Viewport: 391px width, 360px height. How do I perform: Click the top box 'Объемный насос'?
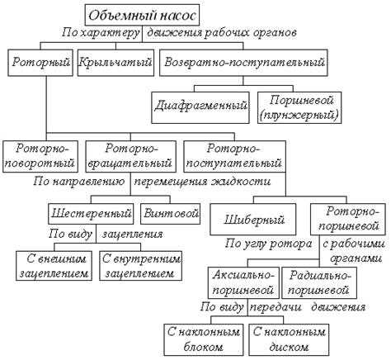142,15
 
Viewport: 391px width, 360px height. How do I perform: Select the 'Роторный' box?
40,63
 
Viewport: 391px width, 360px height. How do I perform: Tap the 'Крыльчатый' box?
115,63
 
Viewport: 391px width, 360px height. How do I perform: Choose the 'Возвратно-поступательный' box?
243,63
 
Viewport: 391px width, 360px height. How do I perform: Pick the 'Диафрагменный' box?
200,107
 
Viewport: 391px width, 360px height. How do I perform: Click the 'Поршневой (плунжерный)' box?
299,107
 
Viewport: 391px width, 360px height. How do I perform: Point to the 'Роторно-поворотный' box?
40,157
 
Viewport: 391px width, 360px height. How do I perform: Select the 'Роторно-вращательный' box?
131,157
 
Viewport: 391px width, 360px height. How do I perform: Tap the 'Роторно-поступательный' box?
234,157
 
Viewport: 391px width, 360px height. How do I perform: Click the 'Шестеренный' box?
91,214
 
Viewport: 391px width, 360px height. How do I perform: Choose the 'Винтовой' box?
171,214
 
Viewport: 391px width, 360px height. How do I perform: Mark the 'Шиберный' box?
253,220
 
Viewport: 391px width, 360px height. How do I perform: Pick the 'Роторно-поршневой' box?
348,220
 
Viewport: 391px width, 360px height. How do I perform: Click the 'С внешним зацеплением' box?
54,266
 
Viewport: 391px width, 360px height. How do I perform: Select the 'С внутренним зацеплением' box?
141,266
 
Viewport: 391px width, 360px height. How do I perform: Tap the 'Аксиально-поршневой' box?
243,283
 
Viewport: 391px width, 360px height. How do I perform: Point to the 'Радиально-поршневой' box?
319,283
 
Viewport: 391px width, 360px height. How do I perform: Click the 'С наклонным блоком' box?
204,339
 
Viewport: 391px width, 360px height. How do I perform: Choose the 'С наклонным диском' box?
289,339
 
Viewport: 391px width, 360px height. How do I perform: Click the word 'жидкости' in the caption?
241,182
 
